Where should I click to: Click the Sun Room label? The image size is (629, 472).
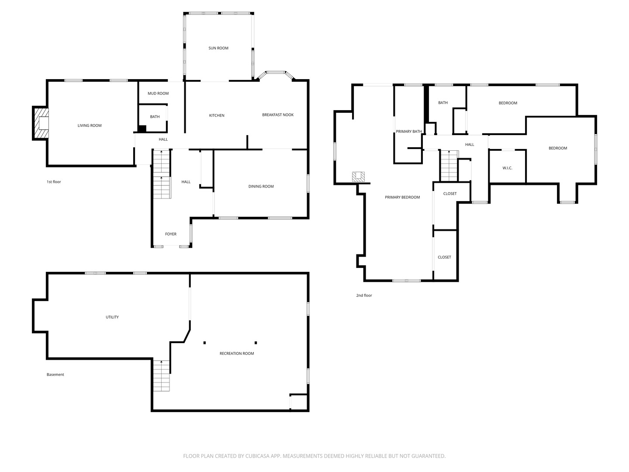[x=218, y=48]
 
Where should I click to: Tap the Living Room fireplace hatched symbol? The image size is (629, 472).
[x=41, y=123]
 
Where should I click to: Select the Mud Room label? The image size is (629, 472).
[x=158, y=94]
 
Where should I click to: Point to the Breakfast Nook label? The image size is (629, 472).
[x=278, y=115]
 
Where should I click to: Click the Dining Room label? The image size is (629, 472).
[x=261, y=187]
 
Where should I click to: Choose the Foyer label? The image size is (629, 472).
[x=171, y=234]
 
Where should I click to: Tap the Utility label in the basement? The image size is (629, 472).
[x=112, y=317]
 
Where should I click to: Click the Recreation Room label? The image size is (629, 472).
[x=237, y=354]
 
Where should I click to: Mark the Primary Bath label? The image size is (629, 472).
[x=409, y=132]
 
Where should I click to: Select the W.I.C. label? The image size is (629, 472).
[x=507, y=168]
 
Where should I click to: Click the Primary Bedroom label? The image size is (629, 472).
[x=402, y=198]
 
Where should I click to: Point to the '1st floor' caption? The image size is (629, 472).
[x=54, y=182]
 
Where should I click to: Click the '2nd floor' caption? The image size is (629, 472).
[x=364, y=295]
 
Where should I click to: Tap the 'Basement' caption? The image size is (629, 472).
[x=55, y=375]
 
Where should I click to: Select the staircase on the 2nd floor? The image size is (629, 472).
[x=449, y=166]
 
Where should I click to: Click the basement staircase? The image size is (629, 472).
[x=161, y=375]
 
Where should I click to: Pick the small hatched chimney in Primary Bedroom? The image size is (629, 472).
[x=358, y=177]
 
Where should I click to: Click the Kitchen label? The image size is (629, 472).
[x=217, y=115]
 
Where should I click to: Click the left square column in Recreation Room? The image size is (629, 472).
[x=204, y=343]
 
